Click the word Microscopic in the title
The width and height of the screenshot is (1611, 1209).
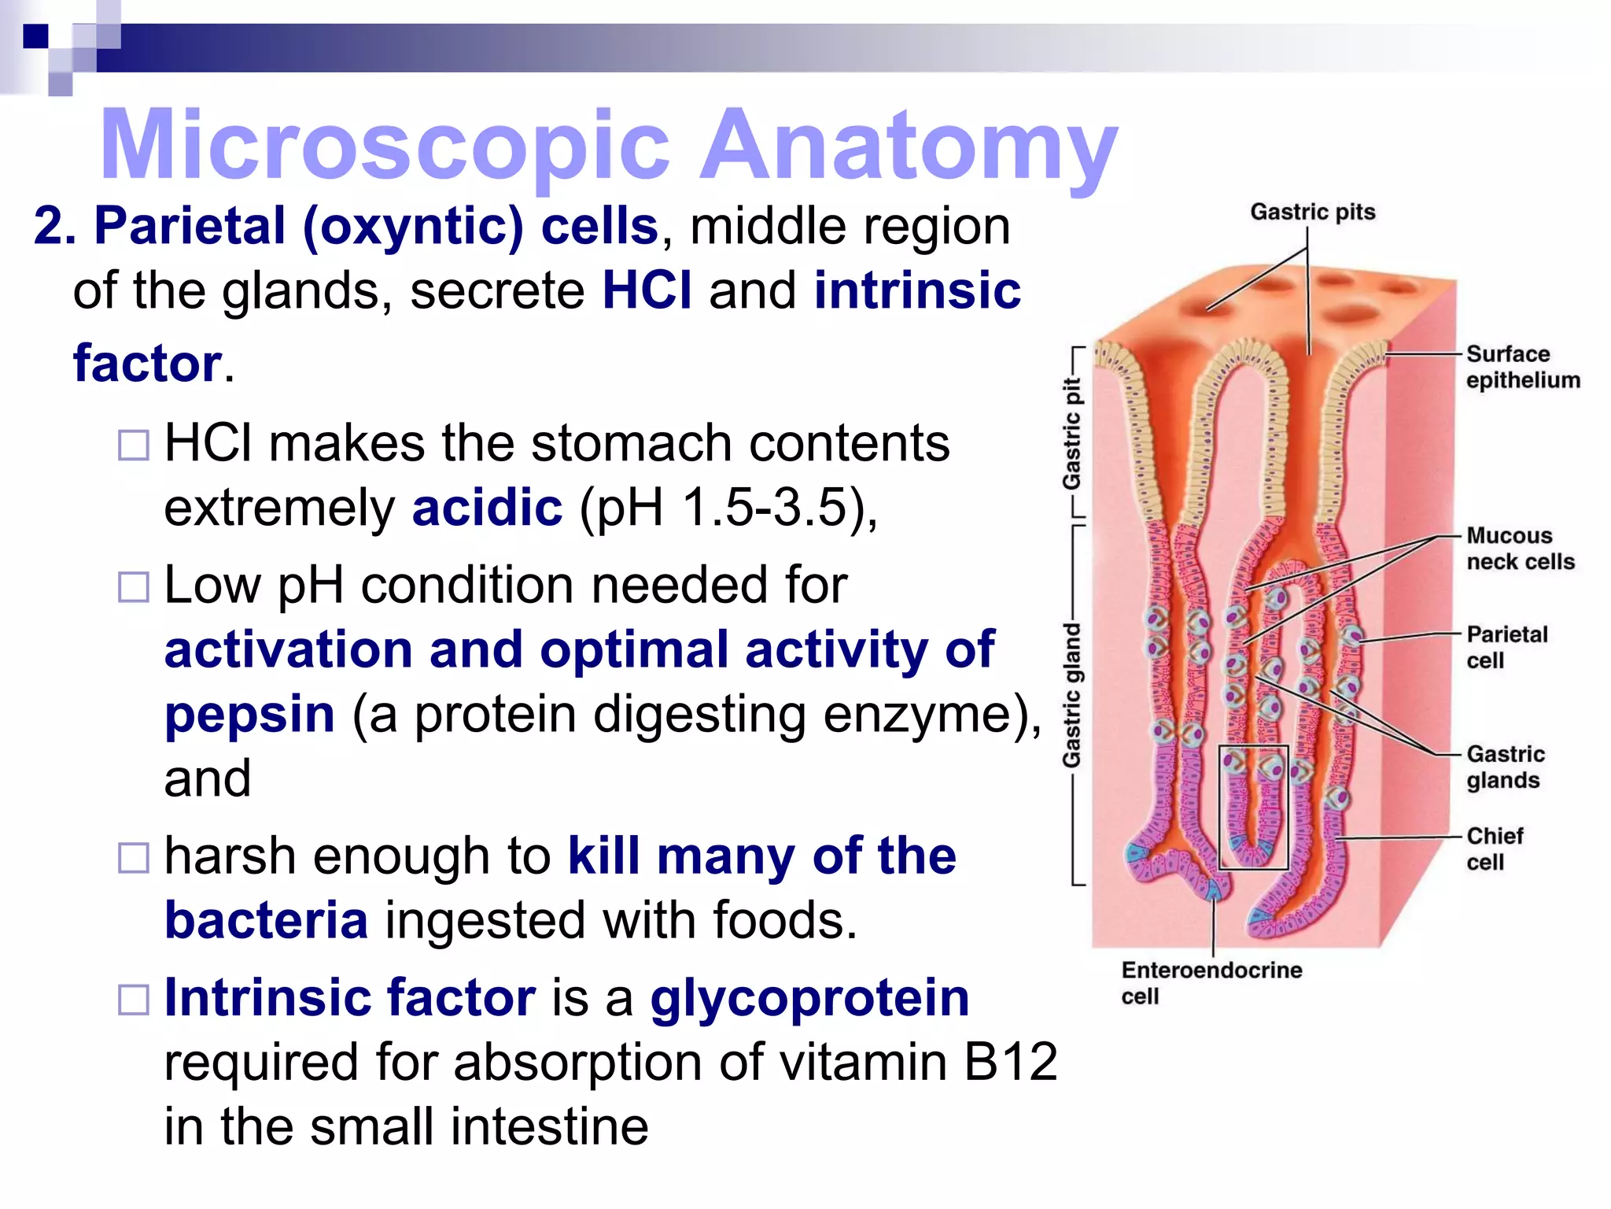click(x=385, y=146)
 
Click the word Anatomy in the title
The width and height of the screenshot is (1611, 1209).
click(x=909, y=146)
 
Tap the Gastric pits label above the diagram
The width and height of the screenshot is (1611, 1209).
click(x=1312, y=212)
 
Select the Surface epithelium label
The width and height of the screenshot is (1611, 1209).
click(x=1522, y=367)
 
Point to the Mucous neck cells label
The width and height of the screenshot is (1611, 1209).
click(x=1520, y=549)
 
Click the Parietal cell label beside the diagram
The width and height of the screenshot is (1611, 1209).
click(x=1506, y=647)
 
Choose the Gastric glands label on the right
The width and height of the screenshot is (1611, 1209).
click(x=1505, y=767)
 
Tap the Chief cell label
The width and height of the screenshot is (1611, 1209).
click(x=1494, y=849)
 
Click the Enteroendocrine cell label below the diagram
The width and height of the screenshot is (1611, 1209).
click(x=1211, y=982)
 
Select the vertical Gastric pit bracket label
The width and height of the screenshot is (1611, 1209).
click(x=1071, y=433)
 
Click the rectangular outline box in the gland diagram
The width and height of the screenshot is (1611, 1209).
click(x=1253, y=807)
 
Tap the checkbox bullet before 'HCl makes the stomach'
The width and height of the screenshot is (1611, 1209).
click(x=133, y=446)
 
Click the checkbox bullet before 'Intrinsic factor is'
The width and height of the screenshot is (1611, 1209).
click(x=133, y=1000)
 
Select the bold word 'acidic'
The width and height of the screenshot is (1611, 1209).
click(x=487, y=508)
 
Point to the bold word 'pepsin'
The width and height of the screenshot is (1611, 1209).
click(x=249, y=715)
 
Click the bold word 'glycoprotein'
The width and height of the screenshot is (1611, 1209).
click(x=809, y=998)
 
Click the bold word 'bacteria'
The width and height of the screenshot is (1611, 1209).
click(x=266, y=920)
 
